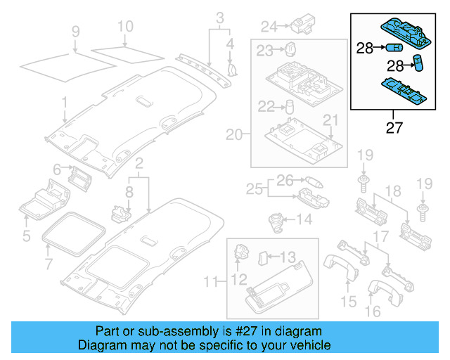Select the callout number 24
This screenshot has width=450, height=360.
coord(269,27)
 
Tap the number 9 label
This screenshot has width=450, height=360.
coord(75,31)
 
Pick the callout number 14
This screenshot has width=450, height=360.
coord(304,219)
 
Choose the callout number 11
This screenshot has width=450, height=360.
coord(210,283)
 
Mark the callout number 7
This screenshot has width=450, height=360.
coord(48,264)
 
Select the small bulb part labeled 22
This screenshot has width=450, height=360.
coord(288,107)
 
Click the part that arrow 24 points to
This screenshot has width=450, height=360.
coord(304,25)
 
